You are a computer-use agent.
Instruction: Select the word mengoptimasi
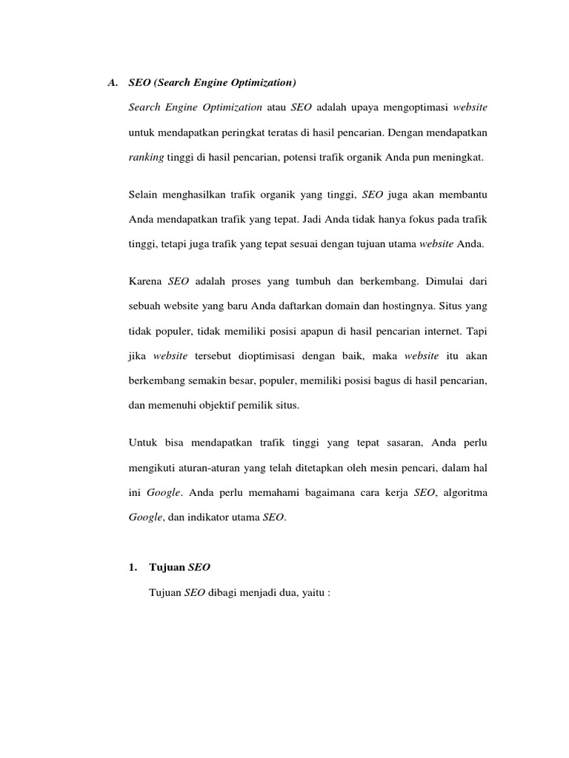[409, 107]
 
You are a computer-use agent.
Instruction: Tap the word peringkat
[236, 133]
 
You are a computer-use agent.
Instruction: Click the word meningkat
[459, 158]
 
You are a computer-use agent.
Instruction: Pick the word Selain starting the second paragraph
[144, 195]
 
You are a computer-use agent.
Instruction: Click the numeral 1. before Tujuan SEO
[133, 568]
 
